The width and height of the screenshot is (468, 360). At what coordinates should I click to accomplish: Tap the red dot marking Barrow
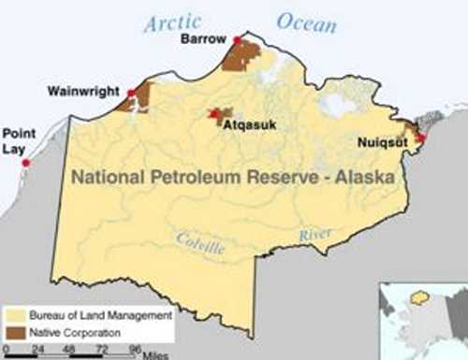(238, 39)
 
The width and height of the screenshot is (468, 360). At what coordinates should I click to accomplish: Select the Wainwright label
(82, 92)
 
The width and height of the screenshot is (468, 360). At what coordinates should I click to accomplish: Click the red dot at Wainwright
(132, 93)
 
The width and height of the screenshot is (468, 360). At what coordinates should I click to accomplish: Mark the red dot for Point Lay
(26, 163)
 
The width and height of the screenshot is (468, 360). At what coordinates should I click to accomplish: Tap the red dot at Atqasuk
(214, 114)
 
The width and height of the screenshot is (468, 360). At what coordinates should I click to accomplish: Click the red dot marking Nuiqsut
(420, 137)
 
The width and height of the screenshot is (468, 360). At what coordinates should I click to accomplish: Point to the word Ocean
(305, 22)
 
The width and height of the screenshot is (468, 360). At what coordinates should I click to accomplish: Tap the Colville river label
(200, 245)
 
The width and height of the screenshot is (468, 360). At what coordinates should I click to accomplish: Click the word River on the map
(316, 235)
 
